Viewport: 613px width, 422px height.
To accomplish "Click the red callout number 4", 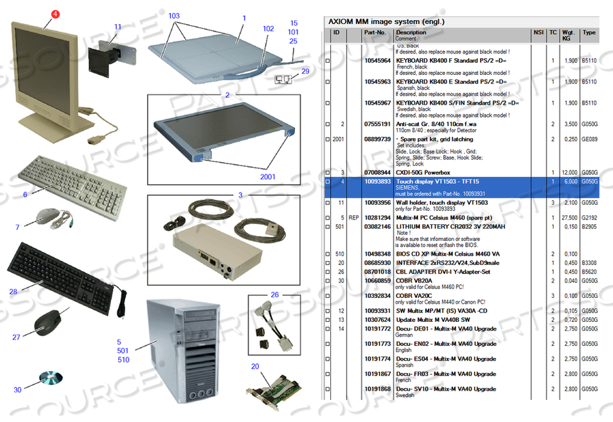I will tap(55, 13).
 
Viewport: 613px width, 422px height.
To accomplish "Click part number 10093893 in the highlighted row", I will tap(377, 182).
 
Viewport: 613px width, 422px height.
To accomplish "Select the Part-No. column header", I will tap(375, 32).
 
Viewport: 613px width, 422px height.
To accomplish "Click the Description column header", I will tap(411, 32).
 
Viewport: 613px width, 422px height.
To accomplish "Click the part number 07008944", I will tap(377, 173).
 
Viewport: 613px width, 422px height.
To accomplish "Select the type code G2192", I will tap(589, 218).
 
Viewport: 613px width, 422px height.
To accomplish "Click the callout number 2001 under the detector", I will tap(268, 176).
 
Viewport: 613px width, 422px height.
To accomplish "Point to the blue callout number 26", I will tap(275, 295).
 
